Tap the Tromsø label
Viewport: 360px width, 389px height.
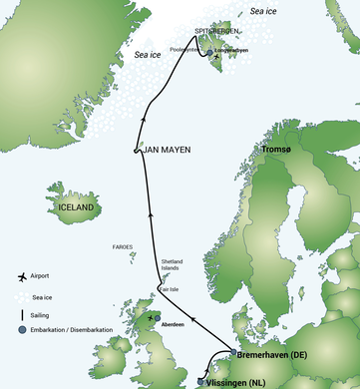pyautogui.click(x=278, y=150)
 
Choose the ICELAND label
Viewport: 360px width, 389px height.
pyautogui.click(x=77, y=207)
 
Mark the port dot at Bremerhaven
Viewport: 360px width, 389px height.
pyautogui.click(x=234, y=353)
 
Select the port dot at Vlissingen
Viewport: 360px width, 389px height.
pyautogui.click(x=202, y=381)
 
